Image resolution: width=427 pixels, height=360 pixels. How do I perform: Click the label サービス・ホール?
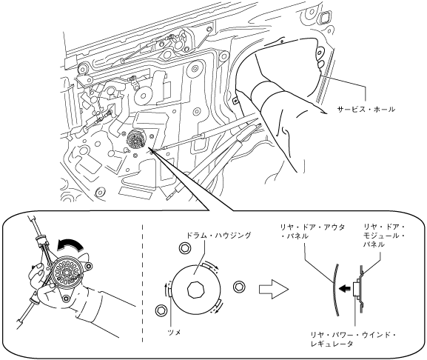pyautogui.click(x=366, y=110)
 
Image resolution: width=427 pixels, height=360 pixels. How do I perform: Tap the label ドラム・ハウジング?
pyautogui.click(x=218, y=236)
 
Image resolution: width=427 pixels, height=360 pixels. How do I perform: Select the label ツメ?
pyautogui.click(x=175, y=332)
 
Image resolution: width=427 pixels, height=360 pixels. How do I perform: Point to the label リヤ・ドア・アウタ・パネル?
pyautogui.click(x=312, y=231)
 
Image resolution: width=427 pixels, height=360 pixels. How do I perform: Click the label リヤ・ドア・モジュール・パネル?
pyautogui.click(x=384, y=236)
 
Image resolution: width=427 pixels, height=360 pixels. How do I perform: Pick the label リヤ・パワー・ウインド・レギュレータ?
pyautogui.click(x=353, y=339)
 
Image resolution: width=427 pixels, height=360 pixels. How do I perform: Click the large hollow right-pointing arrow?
pyautogui.click(x=273, y=289)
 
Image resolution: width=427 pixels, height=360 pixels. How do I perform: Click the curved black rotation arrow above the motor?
pyautogui.click(x=70, y=242)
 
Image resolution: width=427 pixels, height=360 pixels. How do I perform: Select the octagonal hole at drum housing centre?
pyautogui.click(x=195, y=290)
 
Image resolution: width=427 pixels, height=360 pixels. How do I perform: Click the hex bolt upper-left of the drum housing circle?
pyautogui.click(x=184, y=247)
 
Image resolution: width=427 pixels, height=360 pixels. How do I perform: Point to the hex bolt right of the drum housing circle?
pyautogui.click(x=239, y=287)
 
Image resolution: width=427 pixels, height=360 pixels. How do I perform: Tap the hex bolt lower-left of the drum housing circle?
pyautogui.click(x=160, y=310)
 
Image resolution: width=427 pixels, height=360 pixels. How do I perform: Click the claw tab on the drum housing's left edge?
pyautogui.click(x=169, y=290)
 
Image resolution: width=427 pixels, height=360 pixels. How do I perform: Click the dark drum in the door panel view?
pyautogui.click(x=137, y=139)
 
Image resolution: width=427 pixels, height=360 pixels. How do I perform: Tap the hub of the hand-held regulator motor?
pyautogui.click(x=67, y=272)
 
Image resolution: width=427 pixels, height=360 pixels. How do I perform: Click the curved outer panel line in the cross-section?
pyautogui.click(x=335, y=290)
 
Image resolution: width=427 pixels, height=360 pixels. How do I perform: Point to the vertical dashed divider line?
pyautogui.click(x=143, y=284)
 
